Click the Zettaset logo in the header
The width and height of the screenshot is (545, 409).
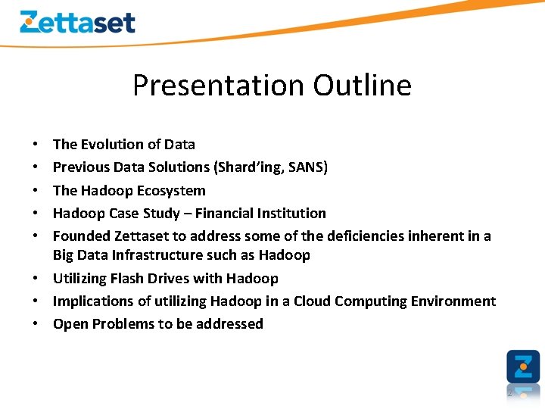pyautogui.click(x=77, y=22)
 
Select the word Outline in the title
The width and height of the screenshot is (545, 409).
pyautogui.click(x=363, y=85)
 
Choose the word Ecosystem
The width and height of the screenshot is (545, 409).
pyautogui.click(x=171, y=190)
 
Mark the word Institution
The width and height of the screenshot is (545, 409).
pyautogui.click(x=295, y=213)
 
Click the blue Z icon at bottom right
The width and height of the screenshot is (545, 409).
pyautogui.click(x=523, y=367)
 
